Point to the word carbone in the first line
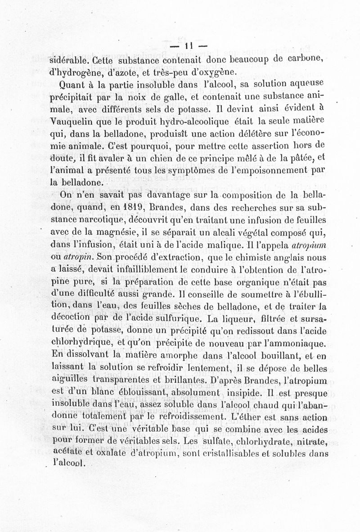click(308, 59)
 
